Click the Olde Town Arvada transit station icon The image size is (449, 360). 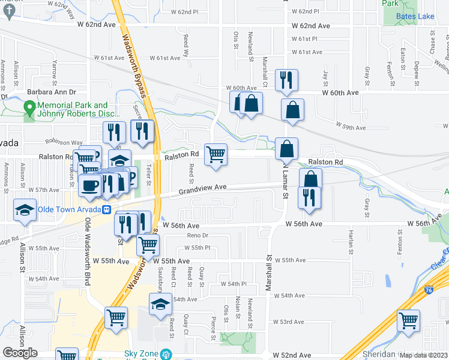point(106,209)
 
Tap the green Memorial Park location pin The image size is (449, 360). point(28,109)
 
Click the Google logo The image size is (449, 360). point(20,352)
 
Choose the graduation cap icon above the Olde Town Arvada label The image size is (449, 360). point(25,209)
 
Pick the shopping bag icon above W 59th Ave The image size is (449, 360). point(292,110)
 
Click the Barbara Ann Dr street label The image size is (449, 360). point(52,92)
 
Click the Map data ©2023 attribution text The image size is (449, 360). point(423,355)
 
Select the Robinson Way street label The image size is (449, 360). point(64,142)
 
